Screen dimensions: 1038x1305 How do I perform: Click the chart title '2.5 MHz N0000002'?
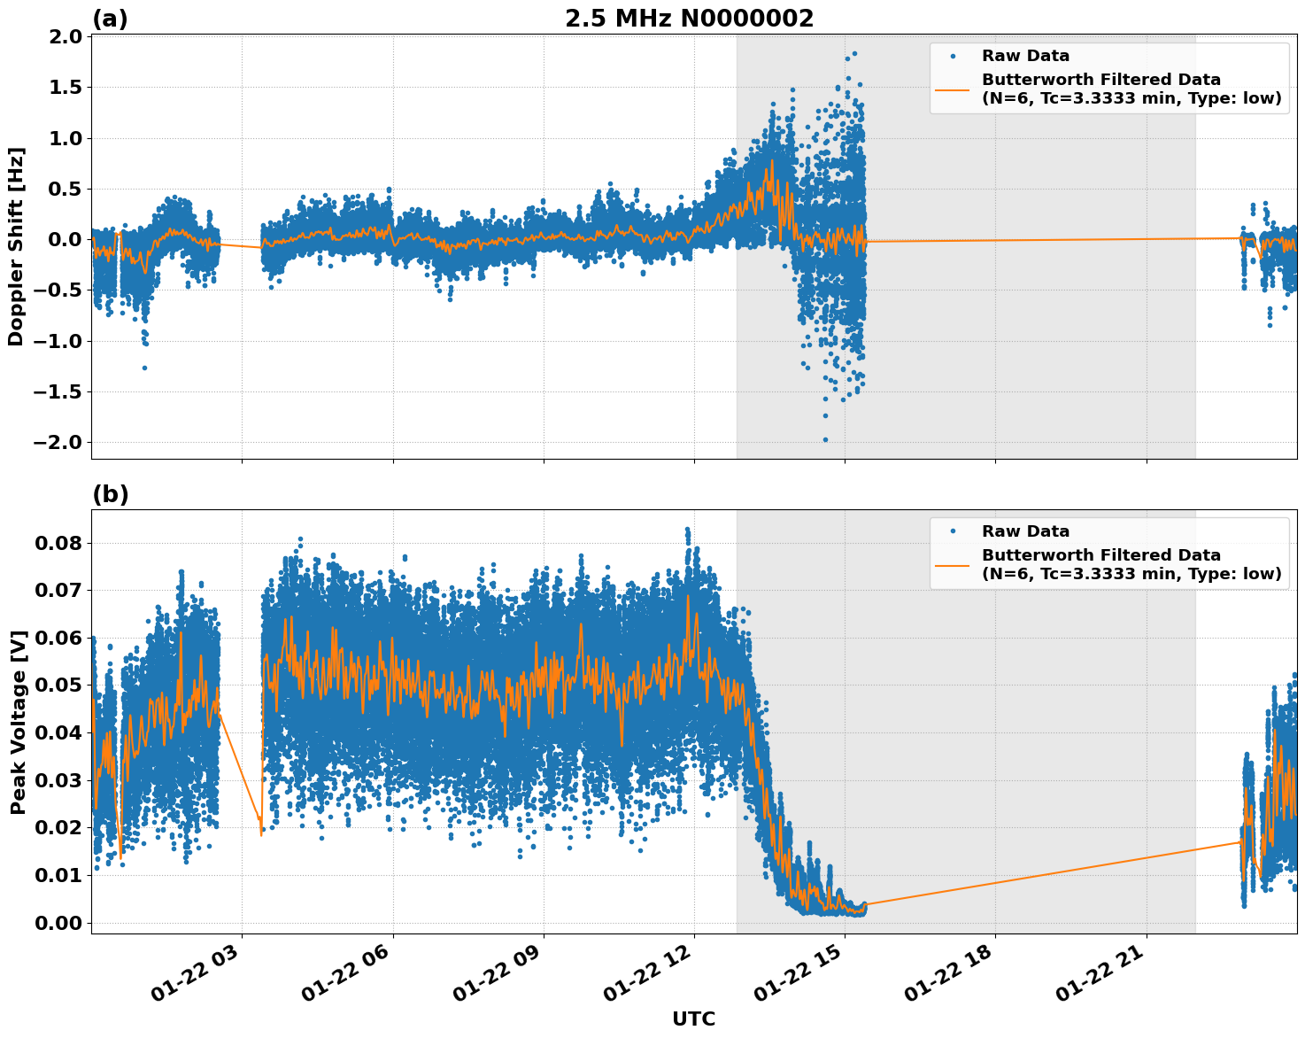click(689, 19)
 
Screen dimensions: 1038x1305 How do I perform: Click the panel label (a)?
click(110, 19)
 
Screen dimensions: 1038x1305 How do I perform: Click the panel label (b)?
click(111, 494)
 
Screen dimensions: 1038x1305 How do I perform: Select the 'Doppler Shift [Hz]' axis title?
click(16, 246)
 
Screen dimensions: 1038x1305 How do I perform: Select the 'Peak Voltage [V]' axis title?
click(18, 722)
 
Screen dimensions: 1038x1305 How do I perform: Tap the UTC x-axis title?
click(693, 1019)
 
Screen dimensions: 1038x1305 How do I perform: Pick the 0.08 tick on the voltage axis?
click(58, 543)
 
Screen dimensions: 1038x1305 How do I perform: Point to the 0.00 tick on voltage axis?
click(58, 923)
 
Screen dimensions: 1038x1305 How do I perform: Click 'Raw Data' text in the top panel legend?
click(1025, 56)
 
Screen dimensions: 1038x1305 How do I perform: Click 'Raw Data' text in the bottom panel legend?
click(1025, 531)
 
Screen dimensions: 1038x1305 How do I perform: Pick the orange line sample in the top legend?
click(953, 89)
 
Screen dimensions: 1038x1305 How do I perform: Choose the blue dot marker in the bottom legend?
click(953, 531)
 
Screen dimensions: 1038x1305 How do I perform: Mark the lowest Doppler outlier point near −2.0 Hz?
click(825, 439)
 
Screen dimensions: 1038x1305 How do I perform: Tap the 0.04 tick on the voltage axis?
click(58, 732)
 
